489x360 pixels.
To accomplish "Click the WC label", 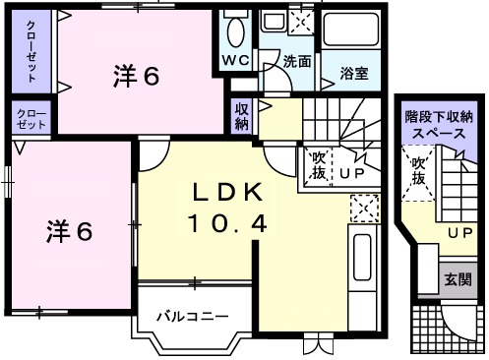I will click(x=236, y=60).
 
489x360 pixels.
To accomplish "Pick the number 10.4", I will click(x=227, y=224).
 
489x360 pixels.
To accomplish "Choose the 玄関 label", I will click(x=457, y=278).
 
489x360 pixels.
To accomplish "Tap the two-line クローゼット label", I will click(x=31, y=120).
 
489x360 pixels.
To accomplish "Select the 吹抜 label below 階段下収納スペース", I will click(x=417, y=171).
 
